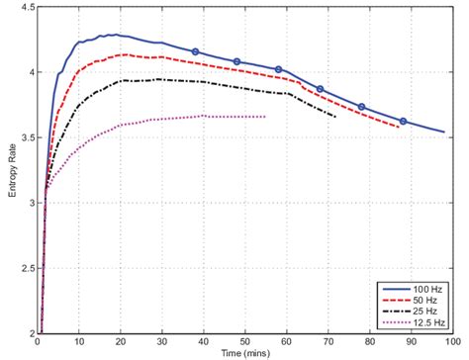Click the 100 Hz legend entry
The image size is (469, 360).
click(x=424, y=288)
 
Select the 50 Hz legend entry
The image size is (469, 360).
click(x=422, y=300)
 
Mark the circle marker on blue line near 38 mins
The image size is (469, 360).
click(x=195, y=50)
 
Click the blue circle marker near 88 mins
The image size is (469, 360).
click(x=403, y=121)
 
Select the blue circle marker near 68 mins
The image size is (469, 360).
click(x=320, y=89)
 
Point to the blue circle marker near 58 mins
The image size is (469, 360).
click(x=278, y=69)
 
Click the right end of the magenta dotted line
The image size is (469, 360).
click(x=265, y=117)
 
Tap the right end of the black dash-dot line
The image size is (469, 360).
click(x=335, y=117)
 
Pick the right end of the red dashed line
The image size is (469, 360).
click(x=399, y=127)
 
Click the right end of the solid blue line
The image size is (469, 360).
click(x=444, y=131)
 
